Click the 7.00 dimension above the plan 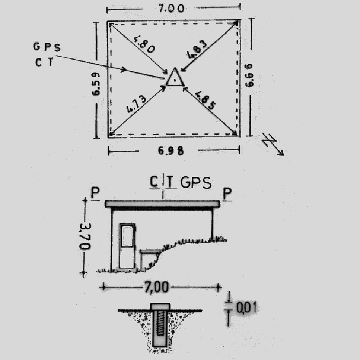tap(171, 8)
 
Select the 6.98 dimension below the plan tap(171, 151)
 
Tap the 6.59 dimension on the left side tap(96, 84)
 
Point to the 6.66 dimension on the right tap(249, 76)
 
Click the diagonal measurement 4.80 tap(144, 44)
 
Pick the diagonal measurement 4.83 tap(197, 50)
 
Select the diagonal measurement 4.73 tap(136, 104)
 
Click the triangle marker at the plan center tap(175, 77)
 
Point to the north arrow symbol tap(273, 144)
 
